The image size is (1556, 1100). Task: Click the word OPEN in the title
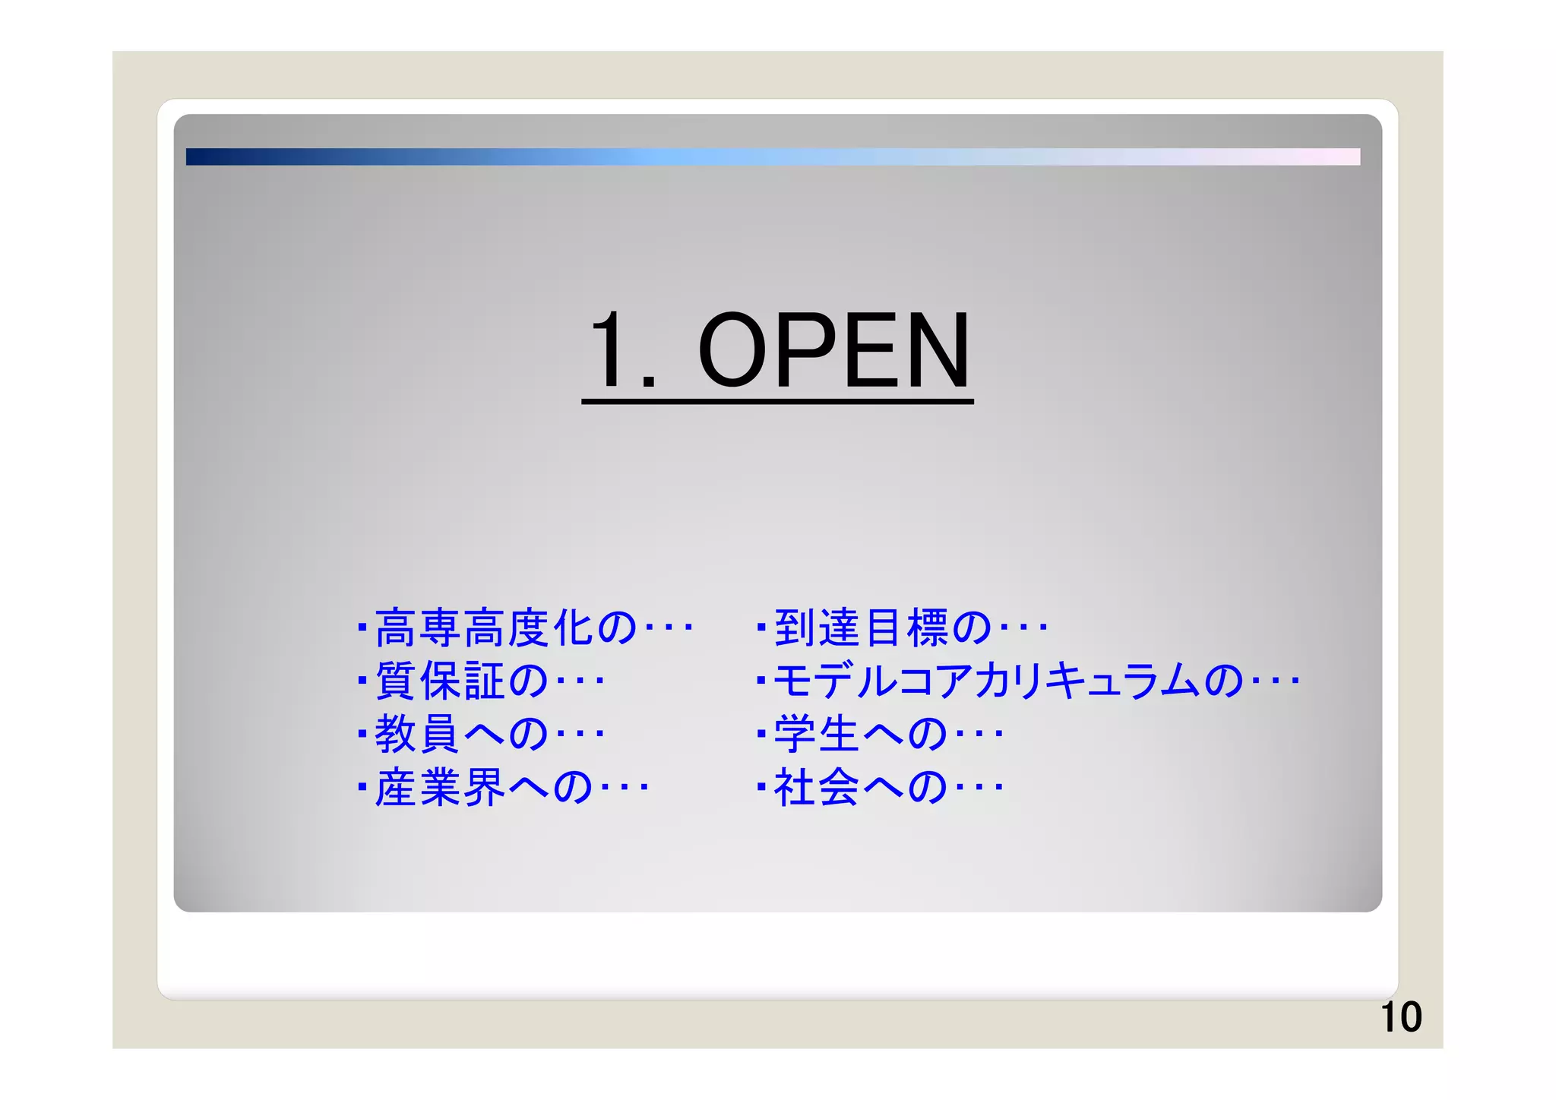833,351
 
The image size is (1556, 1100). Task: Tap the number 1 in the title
609,351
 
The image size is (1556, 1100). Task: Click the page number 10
1400,1017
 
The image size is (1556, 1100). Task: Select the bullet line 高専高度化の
524,628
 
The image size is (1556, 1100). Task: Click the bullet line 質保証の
480,681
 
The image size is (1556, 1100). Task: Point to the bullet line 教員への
480,734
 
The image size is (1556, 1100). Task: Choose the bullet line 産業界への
502,787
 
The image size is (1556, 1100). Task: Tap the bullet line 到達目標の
902,628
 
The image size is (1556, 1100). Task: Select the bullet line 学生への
880,734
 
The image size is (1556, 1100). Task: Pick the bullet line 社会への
880,787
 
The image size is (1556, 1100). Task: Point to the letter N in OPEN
932,351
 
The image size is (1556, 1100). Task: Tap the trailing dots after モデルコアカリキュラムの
1276,681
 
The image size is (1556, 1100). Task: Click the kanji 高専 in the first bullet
417,628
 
